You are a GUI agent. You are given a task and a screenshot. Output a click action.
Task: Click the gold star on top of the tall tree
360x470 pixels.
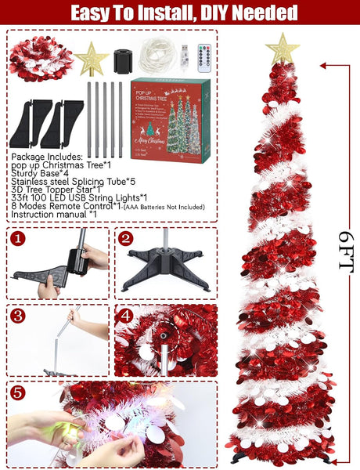click(x=282, y=49)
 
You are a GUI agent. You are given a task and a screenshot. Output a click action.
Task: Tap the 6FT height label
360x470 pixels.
click(x=345, y=251)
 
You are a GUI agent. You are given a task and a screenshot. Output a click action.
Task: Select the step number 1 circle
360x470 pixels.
click(x=17, y=237)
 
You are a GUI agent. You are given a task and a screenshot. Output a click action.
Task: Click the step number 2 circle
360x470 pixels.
click(x=124, y=237)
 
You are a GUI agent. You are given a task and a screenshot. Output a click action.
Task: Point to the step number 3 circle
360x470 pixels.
click(x=17, y=315)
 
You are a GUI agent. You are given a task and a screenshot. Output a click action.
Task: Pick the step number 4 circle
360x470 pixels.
click(x=124, y=315)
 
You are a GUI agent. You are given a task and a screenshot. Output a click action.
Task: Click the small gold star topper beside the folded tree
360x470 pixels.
click(x=92, y=60)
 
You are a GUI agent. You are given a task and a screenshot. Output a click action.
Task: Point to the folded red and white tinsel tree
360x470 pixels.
click(x=41, y=60)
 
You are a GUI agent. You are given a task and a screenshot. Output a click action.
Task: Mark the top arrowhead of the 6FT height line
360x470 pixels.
click(x=345, y=67)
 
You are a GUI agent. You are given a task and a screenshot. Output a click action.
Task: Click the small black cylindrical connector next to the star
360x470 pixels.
click(x=121, y=60)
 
